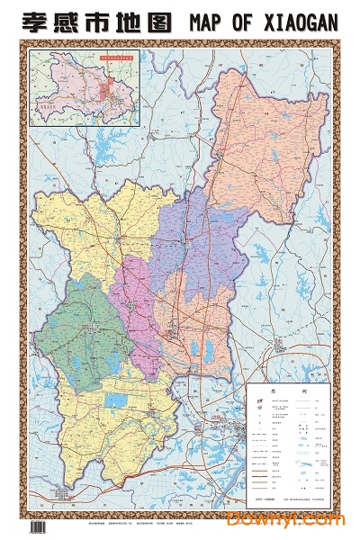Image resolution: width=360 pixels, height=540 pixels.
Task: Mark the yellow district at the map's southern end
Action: tap(126, 423)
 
